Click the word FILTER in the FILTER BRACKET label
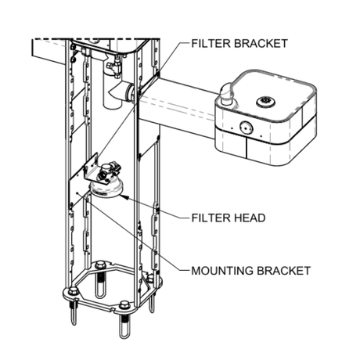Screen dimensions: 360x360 point(211,44)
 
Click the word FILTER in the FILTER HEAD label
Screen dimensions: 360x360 point(211,218)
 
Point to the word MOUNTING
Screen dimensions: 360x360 point(222,271)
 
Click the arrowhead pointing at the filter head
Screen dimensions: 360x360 point(124,196)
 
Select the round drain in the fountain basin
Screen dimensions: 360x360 point(266,101)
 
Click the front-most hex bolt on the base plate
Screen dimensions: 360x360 point(124,304)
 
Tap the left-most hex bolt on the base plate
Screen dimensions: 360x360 point(73,290)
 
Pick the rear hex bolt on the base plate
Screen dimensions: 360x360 point(100,265)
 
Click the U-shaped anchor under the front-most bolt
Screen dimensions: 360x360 point(124,326)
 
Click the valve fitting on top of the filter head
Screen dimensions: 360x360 point(109,169)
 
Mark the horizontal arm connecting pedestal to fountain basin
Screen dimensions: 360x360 point(180,104)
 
